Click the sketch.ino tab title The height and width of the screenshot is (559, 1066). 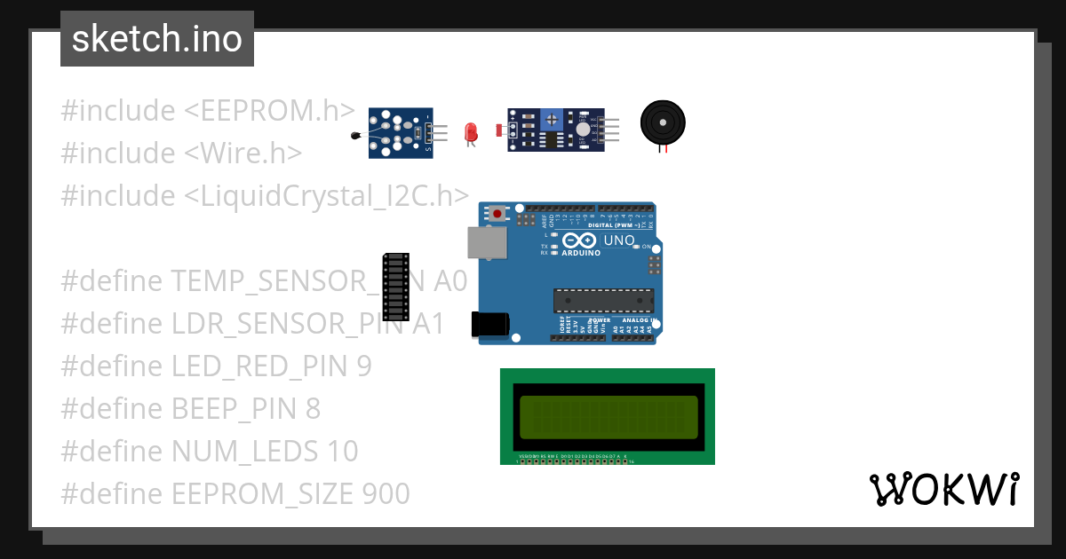156,39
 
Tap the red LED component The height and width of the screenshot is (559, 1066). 471,133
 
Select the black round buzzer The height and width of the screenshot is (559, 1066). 664,122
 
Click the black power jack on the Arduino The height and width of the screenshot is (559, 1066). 489,325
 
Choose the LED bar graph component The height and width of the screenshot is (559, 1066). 395,286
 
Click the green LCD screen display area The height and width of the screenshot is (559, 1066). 609,417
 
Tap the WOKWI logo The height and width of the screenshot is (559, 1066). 943,490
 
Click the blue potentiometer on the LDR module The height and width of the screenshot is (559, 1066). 552,119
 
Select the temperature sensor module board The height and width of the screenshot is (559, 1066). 401,133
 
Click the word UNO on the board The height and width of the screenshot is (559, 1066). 619,240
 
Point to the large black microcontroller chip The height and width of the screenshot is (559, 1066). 603,301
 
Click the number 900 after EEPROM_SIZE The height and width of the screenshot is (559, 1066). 386,494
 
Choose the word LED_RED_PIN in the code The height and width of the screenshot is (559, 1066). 259,366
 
